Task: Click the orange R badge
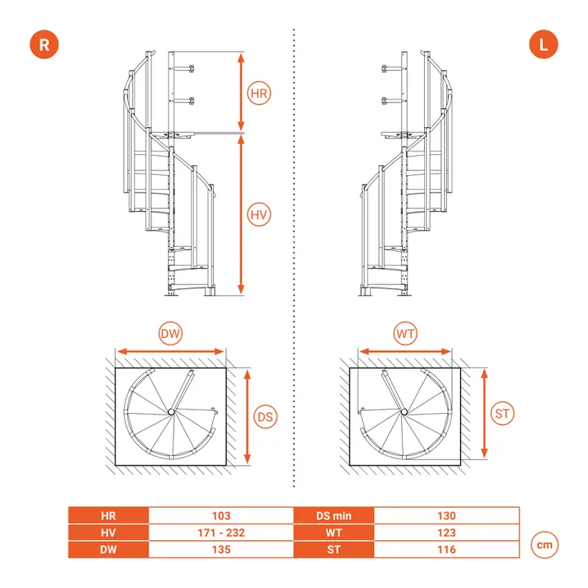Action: [x=44, y=44]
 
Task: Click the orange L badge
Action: [x=543, y=44]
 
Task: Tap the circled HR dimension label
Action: [x=259, y=93]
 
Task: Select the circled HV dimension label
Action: [x=258, y=215]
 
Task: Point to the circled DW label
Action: [x=171, y=334]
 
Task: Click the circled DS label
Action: [x=265, y=416]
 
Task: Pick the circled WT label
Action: [x=406, y=334]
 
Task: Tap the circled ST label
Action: [x=503, y=414]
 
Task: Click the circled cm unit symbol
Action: [x=543, y=545]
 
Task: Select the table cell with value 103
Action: [x=221, y=516]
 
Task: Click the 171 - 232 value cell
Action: [x=221, y=532]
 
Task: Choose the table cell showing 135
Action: [x=221, y=549]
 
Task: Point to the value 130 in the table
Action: [x=445, y=516]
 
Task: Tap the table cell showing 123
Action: [x=445, y=532]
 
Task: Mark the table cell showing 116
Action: [x=445, y=549]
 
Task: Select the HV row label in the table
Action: [x=109, y=532]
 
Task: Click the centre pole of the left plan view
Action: [x=171, y=412]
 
